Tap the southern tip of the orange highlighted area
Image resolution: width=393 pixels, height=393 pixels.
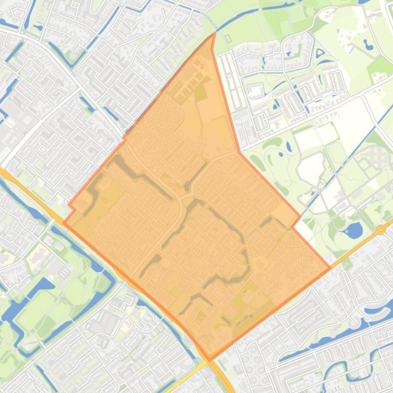pos(209,359)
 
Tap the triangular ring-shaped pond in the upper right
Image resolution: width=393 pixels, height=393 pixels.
pos(320,52)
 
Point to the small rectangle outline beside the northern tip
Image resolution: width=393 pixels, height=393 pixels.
pos(228,38)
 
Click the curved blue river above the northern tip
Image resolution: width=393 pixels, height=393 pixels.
pos(245,20)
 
